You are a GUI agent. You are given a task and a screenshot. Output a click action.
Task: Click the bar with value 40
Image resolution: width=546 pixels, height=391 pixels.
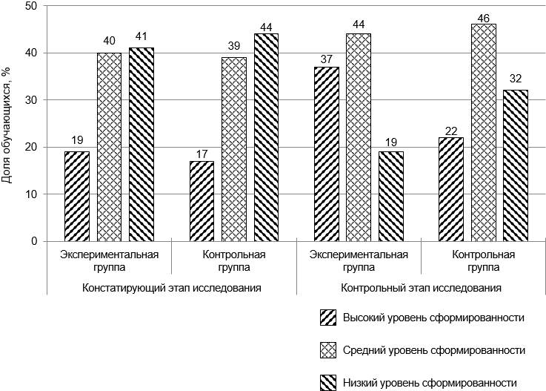click(x=110, y=147)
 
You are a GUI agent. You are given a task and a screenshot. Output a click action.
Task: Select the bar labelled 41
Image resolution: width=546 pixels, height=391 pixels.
click(x=142, y=145)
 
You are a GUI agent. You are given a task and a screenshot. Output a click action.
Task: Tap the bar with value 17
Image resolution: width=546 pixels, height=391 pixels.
click(x=202, y=201)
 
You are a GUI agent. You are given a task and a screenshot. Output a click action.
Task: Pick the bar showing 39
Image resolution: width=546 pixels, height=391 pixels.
click(x=234, y=149)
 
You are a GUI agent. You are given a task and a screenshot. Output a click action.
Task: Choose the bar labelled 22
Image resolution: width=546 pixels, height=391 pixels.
click(x=451, y=189)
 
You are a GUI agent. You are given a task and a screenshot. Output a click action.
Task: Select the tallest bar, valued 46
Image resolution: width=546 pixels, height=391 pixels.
click(x=484, y=133)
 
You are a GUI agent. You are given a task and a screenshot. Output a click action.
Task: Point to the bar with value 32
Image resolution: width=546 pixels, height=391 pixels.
click(x=516, y=165)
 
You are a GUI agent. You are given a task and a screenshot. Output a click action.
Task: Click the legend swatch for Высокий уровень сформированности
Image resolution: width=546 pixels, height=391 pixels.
click(x=328, y=318)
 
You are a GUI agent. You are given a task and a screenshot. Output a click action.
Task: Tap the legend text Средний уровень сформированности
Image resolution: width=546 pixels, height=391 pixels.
click(x=434, y=349)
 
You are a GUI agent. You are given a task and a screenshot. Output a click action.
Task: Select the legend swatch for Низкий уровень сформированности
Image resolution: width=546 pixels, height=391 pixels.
click(x=328, y=382)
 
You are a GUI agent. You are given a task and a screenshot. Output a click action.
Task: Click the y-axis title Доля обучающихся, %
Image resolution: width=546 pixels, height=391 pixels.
click(x=7, y=123)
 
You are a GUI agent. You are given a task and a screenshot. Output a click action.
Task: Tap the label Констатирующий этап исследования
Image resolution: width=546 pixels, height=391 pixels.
click(x=171, y=286)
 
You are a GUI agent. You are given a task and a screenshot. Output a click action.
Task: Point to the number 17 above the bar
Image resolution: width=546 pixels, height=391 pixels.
click(x=202, y=154)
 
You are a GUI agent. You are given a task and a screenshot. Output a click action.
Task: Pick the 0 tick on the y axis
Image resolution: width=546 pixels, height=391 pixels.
click(x=33, y=241)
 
